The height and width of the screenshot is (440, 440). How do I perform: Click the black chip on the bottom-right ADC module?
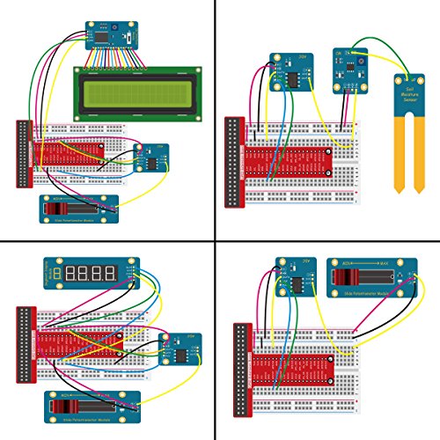pyautogui.click(x=295, y=284)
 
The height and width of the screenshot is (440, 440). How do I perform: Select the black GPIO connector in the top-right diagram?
pyautogui.click(x=233, y=163)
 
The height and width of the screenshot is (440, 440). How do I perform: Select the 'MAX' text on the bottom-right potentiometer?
pyautogui.click(x=378, y=262)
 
